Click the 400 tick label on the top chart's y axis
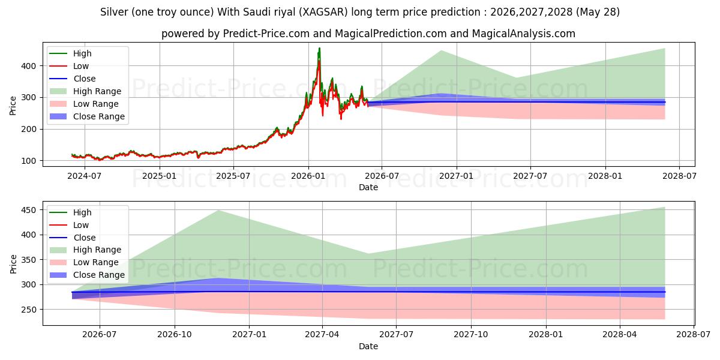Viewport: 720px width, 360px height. (29, 66)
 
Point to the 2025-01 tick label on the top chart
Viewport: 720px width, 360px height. (160, 176)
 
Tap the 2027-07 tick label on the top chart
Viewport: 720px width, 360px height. (530, 176)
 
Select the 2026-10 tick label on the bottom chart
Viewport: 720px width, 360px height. (175, 335)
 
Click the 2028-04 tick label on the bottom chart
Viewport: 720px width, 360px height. (620, 335)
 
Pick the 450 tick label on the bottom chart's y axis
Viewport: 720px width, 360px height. (29, 210)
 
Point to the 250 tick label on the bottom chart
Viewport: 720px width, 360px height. (29, 310)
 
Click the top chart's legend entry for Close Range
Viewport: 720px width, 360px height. (87, 116)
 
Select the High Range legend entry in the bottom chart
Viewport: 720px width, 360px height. (85, 250)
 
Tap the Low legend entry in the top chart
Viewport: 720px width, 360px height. (69, 66)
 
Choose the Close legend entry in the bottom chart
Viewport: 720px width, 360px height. (73, 238)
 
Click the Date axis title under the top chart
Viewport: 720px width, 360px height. (368, 187)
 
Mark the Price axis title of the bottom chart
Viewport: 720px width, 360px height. (13, 264)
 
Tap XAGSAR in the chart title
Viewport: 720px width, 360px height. (325, 12)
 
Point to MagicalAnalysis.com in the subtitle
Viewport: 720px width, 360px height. (523, 34)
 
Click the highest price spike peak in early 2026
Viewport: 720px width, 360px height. (319, 48)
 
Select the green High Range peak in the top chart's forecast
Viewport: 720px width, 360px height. (442, 50)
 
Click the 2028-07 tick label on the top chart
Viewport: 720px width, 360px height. (679, 176)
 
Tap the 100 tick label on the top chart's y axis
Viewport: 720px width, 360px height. (29, 161)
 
